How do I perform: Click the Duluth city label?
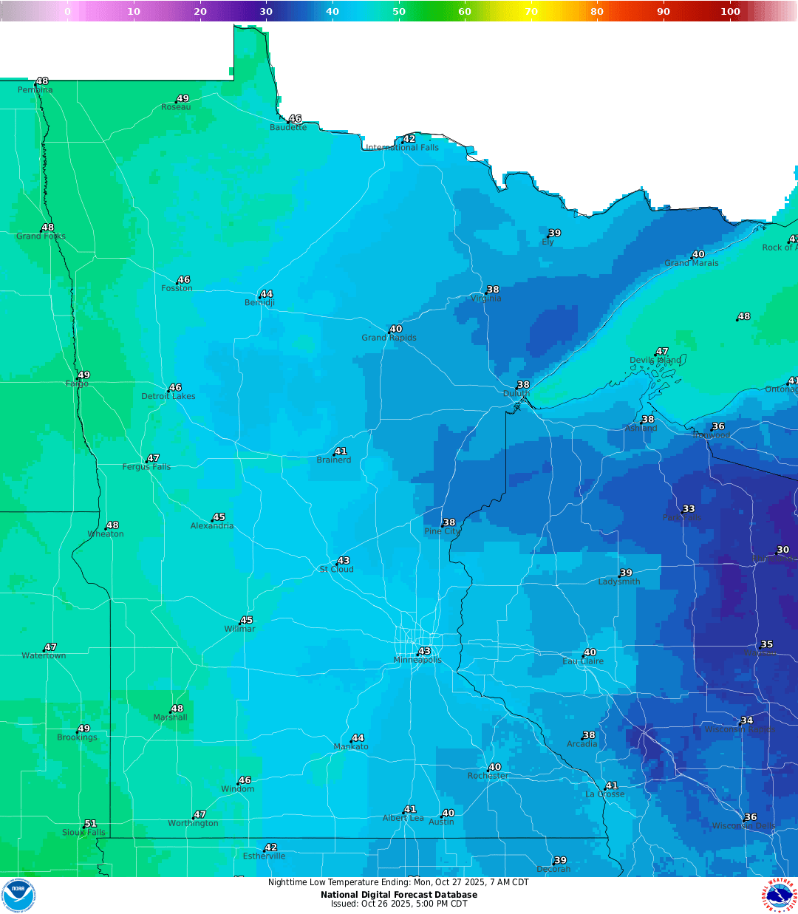[516, 393]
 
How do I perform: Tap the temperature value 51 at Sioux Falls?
[90, 823]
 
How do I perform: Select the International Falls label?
[403, 148]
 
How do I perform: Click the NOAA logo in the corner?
[18, 895]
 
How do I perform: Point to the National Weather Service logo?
[780, 895]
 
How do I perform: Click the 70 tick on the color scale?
[531, 11]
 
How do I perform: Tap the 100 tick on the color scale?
[730, 11]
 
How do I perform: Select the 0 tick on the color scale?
[67, 11]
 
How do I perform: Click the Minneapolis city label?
[417, 660]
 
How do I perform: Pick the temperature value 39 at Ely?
[554, 233]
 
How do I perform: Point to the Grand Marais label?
[691, 263]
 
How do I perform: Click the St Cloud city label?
[336, 569]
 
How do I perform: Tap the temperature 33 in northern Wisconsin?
[689, 508]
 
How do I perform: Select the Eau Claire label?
[583, 661]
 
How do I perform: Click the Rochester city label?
[488, 776]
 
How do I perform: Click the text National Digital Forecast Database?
[399, 894]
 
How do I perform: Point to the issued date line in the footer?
[399, 904]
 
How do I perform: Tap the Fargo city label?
[77, 383]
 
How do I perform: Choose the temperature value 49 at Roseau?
[183, 98]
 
